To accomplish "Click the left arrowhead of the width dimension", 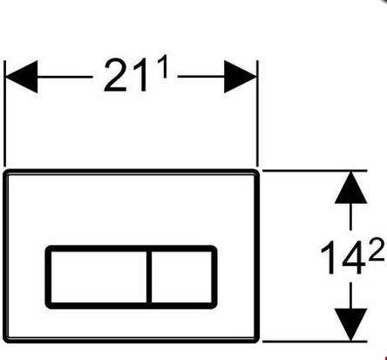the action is (22, 77).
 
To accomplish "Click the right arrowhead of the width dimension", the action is (241, 77).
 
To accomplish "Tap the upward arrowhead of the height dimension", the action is (350, 187).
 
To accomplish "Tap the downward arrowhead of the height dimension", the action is (350, 324).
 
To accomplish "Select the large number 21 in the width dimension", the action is (126, 76).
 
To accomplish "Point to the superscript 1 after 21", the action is (164, 66).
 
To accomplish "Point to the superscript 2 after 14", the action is (377, 249).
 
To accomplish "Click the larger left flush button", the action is (98, 277).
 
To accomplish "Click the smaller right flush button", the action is (181, 277).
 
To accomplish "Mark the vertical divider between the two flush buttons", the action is (149, 277).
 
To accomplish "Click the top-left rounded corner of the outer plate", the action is (7, 173).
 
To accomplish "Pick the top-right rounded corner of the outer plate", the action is (255, 173).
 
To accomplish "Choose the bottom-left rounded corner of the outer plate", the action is (7, 339).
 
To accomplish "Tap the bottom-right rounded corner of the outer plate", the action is (255, 339).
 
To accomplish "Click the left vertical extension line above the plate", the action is (4, 113).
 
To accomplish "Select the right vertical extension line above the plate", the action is (258, 113).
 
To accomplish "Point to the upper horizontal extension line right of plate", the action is (315, 171).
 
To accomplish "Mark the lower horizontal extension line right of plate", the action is (315, 342).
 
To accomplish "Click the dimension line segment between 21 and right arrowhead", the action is (201, 77).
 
